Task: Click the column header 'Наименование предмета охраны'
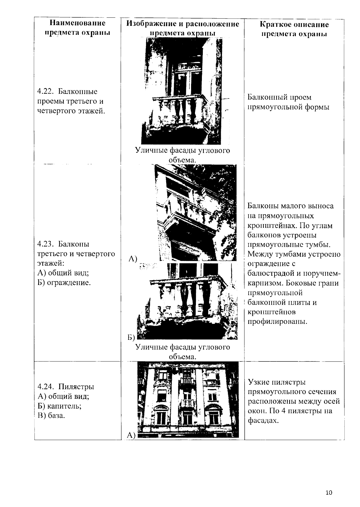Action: click(77, 28)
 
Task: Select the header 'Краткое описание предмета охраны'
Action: click(294, 29)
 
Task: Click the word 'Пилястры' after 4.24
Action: click(76, 387)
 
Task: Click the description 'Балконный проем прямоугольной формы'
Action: click(288, 102)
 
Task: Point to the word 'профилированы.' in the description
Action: click(277, 321)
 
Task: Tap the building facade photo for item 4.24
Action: click(188, 399)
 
